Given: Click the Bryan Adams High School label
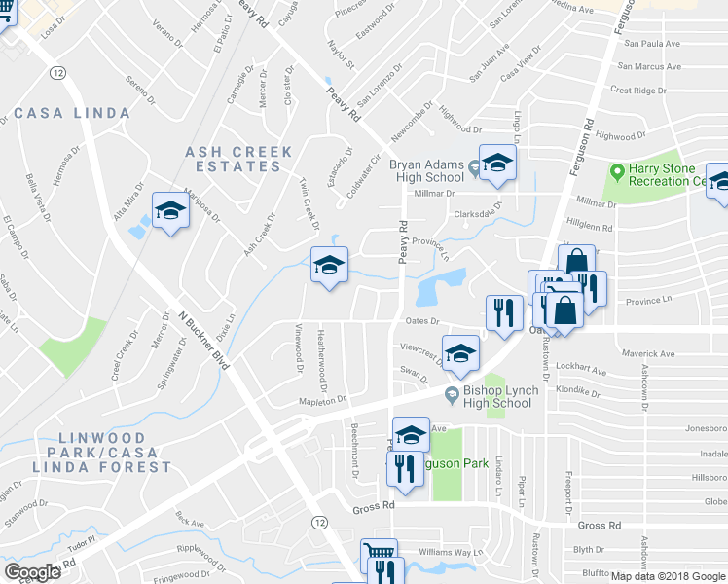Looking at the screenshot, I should click(426, 171).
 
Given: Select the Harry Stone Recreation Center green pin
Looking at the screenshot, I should click(616, 171).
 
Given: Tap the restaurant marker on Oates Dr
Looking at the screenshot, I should click(503, 312).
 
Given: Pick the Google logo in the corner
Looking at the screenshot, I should click(32, 571).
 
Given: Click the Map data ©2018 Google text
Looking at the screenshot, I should click(669, 576).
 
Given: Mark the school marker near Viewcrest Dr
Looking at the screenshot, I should click(460, 353).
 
